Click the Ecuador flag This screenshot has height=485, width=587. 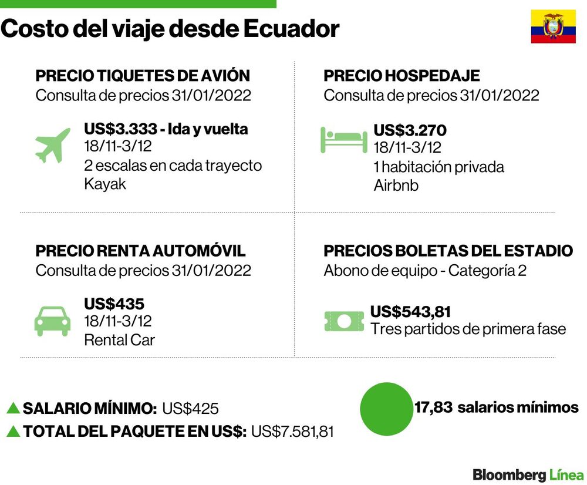pyautogui.click(x=554, y=26)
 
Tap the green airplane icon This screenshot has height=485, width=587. pyautogui.click(x=53, y=145)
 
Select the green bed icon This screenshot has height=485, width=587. pyautogui.click(x=343, y=140)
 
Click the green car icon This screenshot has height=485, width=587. pyautogui.click(x=52, y=321)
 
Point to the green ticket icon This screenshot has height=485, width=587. pyautogui.click(x=344, y=321)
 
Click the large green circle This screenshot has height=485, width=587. pyautogui.click(x=386, y=409)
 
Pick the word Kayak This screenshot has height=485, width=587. pyautogui.click(x=105, y=184)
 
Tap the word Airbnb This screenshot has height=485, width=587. pyautogui.click(x=396, y=186)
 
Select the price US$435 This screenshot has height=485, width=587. pyautogui.click(x=114, y=304)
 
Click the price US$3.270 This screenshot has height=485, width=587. pyautogui.click(x=410, y=130)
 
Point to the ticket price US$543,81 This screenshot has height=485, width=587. pyautogui.click(x=410, y=312)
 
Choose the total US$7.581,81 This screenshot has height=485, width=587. pyautogui.click(x=292, y=432)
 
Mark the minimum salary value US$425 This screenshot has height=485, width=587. pyautogui.click(x=190, y=408)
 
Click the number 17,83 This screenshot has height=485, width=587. pyautogui.click(x=434, y=407)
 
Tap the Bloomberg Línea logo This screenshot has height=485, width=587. pyautogui.click(x=528, y=475)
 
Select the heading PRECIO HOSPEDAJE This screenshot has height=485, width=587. pyautogui.click(x=402, y=76)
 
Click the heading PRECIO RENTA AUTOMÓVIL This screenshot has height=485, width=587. pyautogui.click(x=140, y=251)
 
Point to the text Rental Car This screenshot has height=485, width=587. pyautogui.click(x=119, y=340)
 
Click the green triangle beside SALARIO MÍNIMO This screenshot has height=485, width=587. pyautogui.click(x=13, y=408)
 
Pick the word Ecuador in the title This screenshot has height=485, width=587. pyautogui.click(x=292, y=29)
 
